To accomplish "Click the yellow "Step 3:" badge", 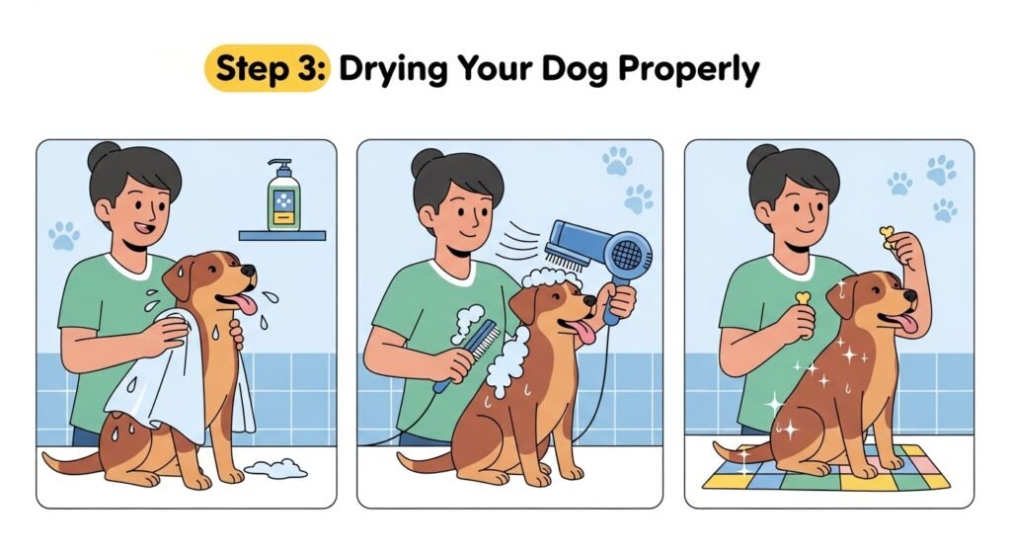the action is click(267, 68).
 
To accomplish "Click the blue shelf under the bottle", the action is click(281, 235).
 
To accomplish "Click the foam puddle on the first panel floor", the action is click(276, 469).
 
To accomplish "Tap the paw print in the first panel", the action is click(64, 236).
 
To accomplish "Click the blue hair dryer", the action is click(599, 258).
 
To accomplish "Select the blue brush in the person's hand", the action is click(467, 355).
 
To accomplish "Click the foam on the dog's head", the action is click(552, 278).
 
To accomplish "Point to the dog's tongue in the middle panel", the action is click(585, 332).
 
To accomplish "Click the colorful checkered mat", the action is click(825, 469).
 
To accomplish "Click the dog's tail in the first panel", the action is click(71, 461).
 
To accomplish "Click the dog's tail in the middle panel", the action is click(426, 461).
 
